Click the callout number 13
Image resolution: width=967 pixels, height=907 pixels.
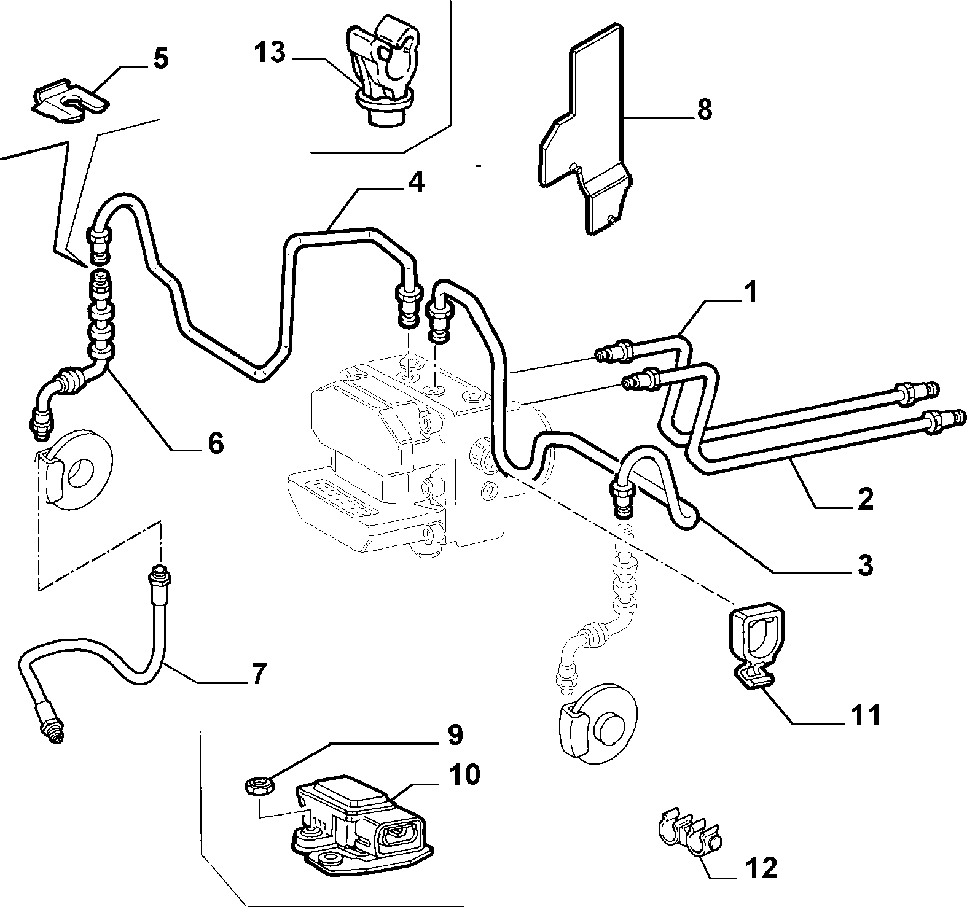[x=270, y=53]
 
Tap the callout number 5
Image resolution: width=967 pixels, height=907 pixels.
[x=160, y=60]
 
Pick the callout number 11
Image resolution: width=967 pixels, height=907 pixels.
[x=866, y=715]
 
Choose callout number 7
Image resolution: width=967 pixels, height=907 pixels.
[x=259, y=674]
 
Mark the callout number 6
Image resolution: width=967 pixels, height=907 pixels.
[x=215, y=442]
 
